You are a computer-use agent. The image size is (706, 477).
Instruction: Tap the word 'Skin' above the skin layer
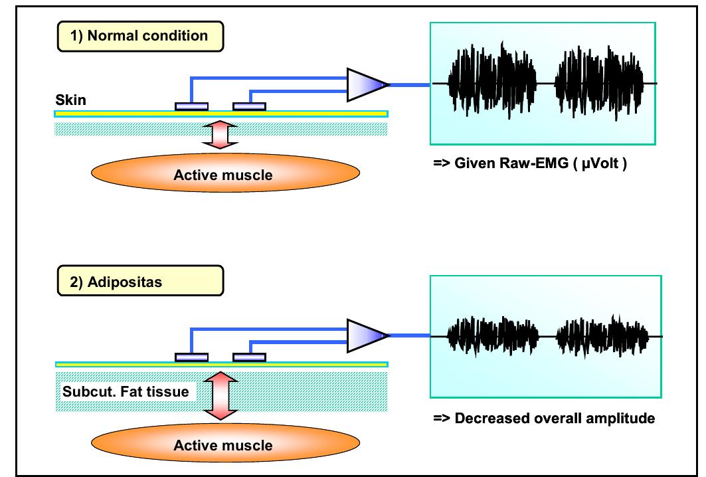(68, 100)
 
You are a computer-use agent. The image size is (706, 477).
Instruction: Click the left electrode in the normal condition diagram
(191, 106)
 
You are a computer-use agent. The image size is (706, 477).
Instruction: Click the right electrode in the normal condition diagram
(250, 106)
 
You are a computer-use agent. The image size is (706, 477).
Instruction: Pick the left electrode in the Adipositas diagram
(191, 357)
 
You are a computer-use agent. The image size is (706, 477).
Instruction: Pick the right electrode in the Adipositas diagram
(250, 357)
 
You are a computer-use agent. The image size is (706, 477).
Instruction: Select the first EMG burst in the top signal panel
(491, 84)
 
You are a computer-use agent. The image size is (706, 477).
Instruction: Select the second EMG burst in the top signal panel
(600, 84)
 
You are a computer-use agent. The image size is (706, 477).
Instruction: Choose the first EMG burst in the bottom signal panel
(491, 335)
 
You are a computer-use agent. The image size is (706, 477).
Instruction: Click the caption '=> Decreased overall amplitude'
(544, 419)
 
